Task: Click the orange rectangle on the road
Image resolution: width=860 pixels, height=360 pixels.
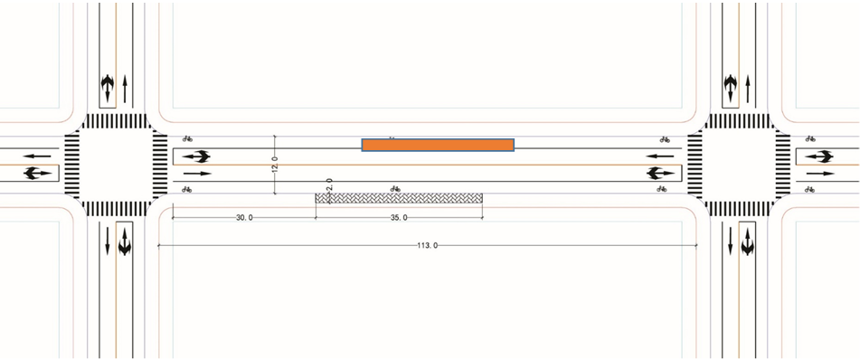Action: (x=438, y=145)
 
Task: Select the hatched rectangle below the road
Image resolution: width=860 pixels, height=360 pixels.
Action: (x=400, y=198)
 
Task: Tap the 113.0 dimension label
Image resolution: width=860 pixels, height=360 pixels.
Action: (x=427, y=246)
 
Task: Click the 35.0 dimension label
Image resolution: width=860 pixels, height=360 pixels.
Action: (x=399, y=218)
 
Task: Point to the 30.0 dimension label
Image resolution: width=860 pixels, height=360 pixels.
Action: (x=245, y=218)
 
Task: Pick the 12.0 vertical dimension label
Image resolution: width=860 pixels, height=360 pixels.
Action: (x=275, y=164)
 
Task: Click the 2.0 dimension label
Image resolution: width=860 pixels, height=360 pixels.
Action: (x=329, y=184)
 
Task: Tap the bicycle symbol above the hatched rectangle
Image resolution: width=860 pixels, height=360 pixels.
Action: (x=395, y=189)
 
